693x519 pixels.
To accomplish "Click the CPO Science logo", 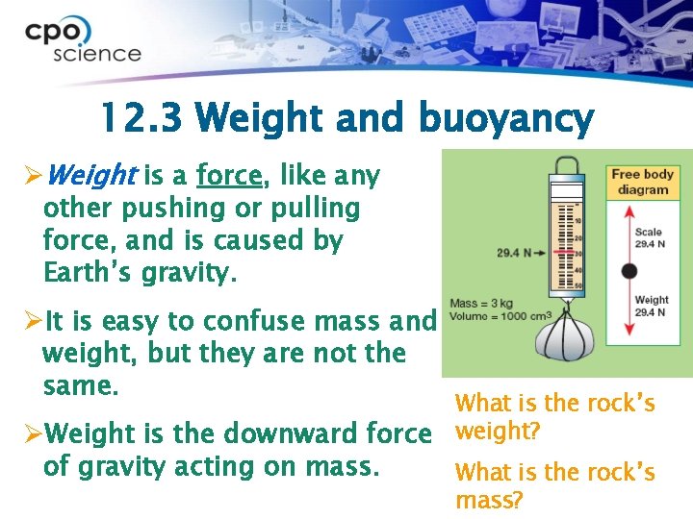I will [83, 41].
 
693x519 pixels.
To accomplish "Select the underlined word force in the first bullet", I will [229, 176].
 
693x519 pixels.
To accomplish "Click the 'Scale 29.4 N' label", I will [650, 237].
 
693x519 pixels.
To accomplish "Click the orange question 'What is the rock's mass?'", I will [554, 485].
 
